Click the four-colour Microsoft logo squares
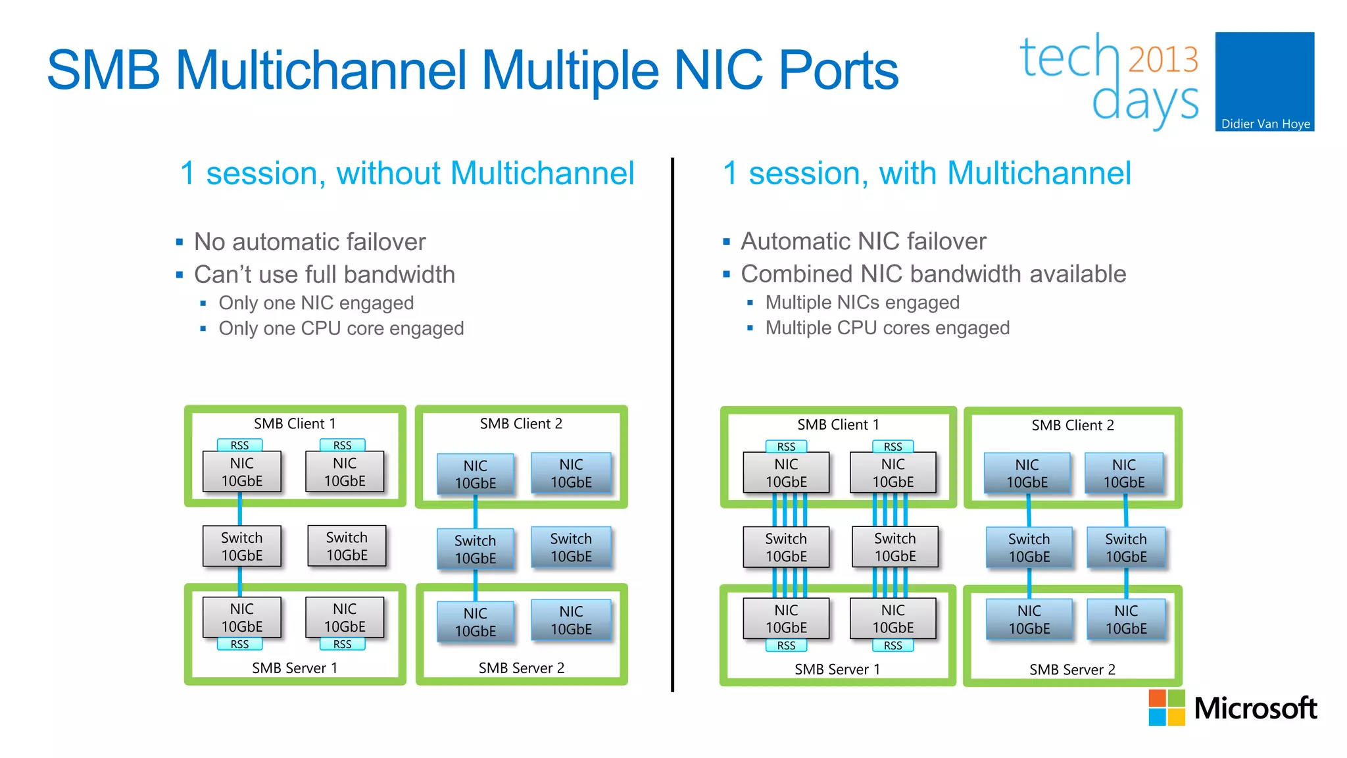tap(1166, 707)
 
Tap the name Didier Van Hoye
tap(1265, 124)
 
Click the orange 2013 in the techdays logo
tap(1163, 60)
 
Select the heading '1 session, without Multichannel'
tap(407, 174)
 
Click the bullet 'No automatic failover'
tap(310, 241)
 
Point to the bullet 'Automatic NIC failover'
tap(863, 241)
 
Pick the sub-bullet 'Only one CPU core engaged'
tap(341, 328)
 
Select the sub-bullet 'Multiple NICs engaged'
tap(862, 302)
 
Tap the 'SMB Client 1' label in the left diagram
tap(295, 423)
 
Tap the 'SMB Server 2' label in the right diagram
tap(1072, 669)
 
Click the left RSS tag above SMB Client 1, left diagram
tap(239, 445)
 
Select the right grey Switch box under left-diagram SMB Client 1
tap(347, 546)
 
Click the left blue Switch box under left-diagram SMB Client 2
tap(475, 549)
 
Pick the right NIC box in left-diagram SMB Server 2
tap(571, 620)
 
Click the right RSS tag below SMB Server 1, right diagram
tap(893, 645)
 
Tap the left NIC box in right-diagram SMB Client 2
tap(1027, 474)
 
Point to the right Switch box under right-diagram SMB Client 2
tap(1125, 547)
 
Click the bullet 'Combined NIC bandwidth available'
tap(933, 274)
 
